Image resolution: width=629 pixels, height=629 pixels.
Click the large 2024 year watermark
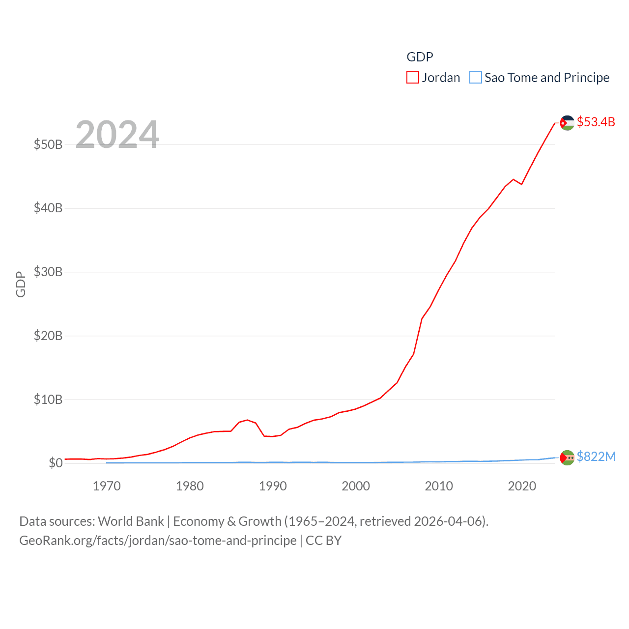tap(117, 134)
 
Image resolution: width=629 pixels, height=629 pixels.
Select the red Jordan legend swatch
tap(413, 78)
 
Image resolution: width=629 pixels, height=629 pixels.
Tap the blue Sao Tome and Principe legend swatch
tap(476, 78)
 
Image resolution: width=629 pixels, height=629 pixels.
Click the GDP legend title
tap(420, 57)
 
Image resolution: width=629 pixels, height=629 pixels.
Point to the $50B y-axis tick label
tap(48, 144)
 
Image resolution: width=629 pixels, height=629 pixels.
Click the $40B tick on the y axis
tap(48, 208)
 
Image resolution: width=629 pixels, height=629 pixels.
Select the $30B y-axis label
tap(48, 272)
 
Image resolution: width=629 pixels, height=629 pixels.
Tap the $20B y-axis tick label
tap(48, 336)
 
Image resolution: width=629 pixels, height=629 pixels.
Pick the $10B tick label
tap(48, 400)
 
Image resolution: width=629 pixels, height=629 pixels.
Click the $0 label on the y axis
tap(56, 463)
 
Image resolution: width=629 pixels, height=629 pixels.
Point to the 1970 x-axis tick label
tap(107, 486)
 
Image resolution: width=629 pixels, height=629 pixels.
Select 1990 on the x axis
tap(273, 486)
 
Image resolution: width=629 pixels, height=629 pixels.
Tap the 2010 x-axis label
tap(439, 486)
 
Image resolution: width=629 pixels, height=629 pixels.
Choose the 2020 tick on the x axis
tap(522, 486)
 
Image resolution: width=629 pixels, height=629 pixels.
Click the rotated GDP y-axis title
tap(21, 284)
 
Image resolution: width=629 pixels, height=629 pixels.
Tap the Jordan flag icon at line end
tap(567, 123)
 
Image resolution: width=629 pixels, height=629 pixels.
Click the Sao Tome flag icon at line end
tap(567, 457)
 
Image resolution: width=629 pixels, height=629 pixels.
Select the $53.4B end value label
tap(596, 122)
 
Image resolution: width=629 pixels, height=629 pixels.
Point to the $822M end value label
tap(596, 457)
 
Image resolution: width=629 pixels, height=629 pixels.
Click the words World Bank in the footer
tap(131, 521)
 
